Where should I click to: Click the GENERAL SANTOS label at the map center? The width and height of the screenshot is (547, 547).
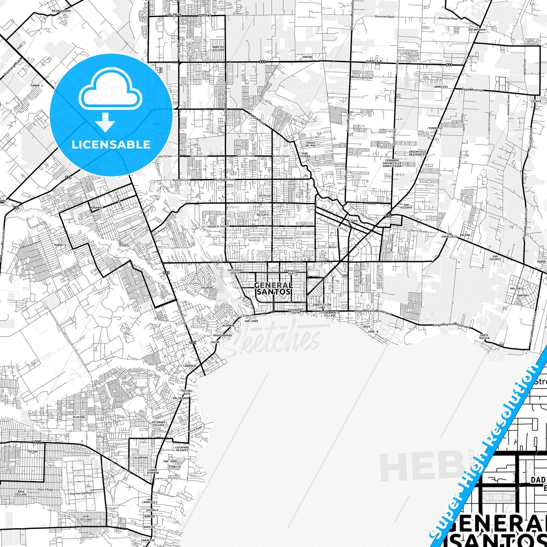tap(273, 288)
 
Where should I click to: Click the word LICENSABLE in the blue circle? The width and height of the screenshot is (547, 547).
tap(111, 145)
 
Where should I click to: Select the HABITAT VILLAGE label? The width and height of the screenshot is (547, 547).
tap(218, 48)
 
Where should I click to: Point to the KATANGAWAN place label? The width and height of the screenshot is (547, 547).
tap(477, 30)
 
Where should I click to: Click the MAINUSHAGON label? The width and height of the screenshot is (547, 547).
tap(61, 11)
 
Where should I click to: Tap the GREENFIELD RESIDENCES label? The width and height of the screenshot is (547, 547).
tap(417, 153)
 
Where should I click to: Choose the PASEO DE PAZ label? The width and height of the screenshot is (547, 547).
tap(310, 144)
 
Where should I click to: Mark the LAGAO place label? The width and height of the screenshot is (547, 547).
tap(353, 221)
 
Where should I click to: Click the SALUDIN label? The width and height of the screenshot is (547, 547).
tap(207, 288)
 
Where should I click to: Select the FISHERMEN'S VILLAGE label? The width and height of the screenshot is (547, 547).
tap(329, 314)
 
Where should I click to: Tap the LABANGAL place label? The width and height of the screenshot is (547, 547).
tap(190, 366)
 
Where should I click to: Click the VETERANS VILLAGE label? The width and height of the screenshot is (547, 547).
tap(158, 423)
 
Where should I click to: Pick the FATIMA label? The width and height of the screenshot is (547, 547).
tap(33, 451)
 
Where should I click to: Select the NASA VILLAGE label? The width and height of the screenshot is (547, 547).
tap(21, 493)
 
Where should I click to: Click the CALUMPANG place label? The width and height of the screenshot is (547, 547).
tap(140, 458)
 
